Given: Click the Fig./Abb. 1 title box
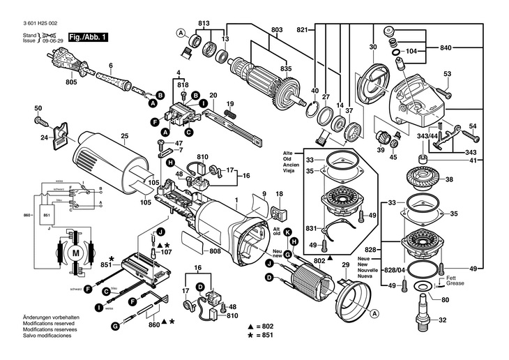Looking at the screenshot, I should (88, 36).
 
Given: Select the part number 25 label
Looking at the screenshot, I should (125, 136).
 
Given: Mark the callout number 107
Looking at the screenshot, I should (166, 252).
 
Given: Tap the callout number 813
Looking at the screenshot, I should (203, 24).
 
